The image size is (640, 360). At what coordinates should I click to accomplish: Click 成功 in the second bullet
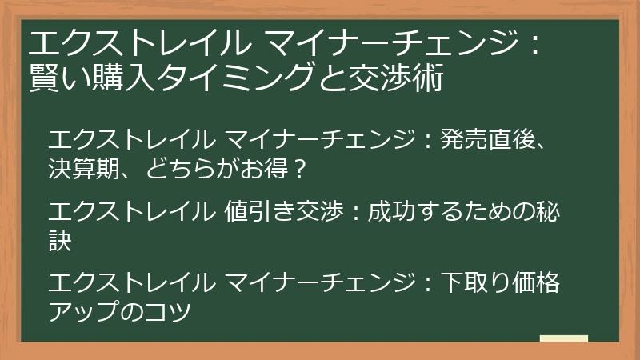(391, 212)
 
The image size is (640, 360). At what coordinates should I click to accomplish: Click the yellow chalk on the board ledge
(563, 339)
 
